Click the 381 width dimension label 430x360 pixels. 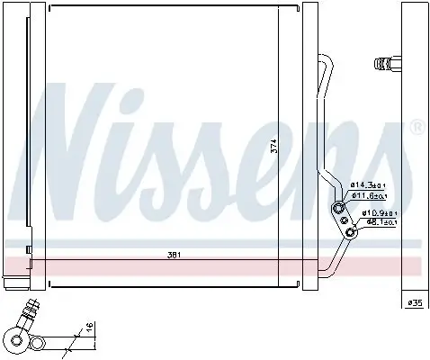(x=174, y=255)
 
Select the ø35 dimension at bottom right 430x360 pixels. (x=415, y=303)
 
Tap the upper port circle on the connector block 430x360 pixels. (x=340, y=208)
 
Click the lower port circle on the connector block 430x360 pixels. (x=351, y=232)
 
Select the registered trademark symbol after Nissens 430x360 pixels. (x=417, y=128)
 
